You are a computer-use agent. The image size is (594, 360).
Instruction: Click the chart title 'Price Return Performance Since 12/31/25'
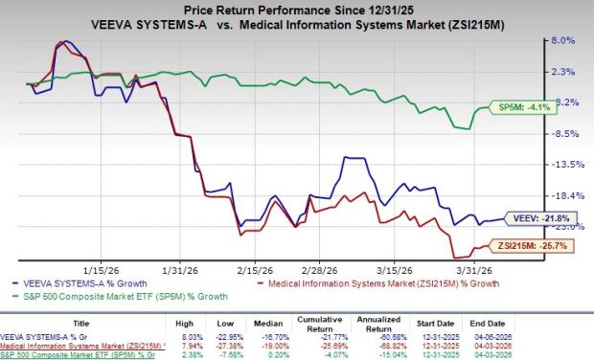(297, 9)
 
